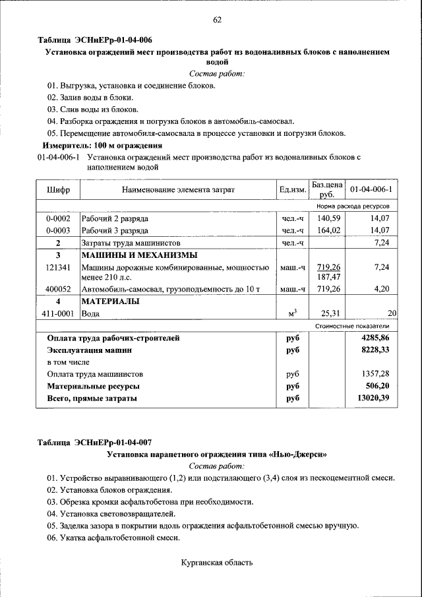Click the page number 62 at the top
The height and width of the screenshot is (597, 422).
(217, 20)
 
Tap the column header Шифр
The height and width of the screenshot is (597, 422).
(58, 190)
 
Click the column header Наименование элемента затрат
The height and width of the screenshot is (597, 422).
(178, 190)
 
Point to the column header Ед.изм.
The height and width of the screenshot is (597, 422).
(293, 190)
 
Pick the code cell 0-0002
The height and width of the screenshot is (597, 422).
(58, 218)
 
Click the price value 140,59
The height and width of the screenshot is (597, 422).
(328, 218)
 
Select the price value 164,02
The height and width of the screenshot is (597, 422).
(328, 230)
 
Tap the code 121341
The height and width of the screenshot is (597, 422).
(58, 267)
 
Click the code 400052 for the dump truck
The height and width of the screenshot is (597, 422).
(58, 289)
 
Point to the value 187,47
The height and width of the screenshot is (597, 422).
(328, 277)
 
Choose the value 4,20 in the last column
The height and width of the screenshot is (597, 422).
(382, 289)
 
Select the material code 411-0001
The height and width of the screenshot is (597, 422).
(58, 313)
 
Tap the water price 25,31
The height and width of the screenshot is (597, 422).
(329, 313)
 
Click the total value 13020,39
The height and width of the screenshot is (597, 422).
(374, 398)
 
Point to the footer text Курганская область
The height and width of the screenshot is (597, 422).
(217, 563)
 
